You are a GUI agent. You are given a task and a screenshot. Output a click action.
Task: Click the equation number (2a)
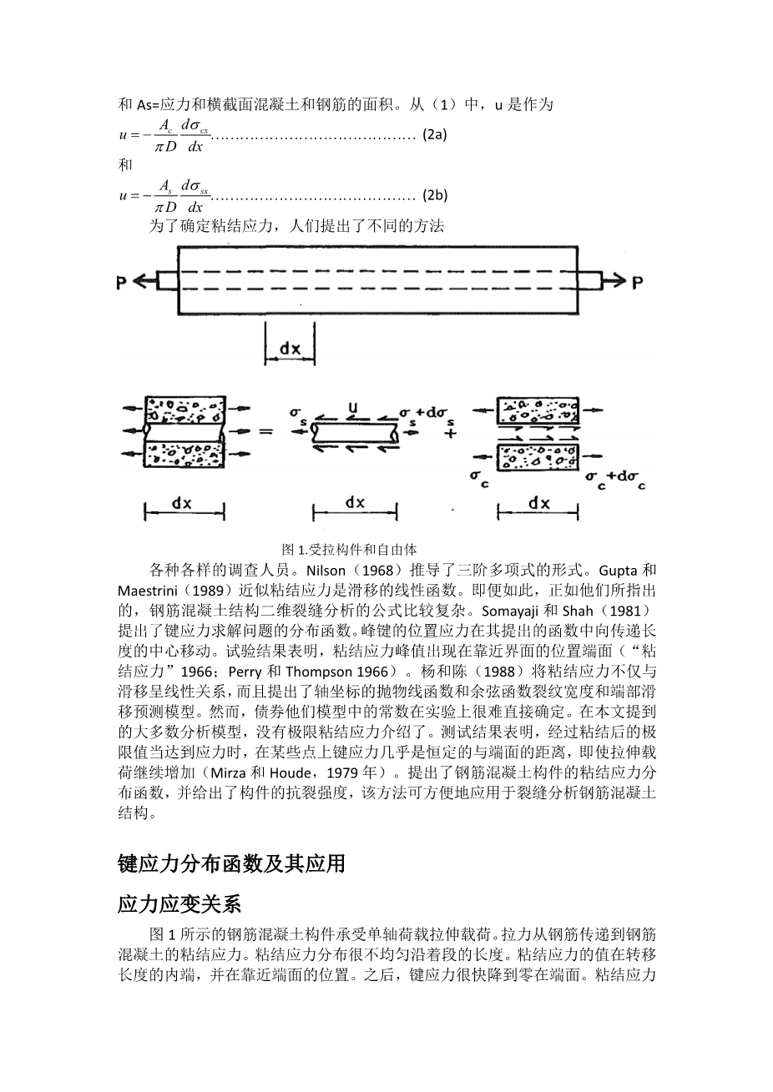coord(435,134)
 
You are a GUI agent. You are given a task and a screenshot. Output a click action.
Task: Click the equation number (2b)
coord(435,196)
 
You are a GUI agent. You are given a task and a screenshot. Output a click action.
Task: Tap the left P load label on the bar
coord(122,283)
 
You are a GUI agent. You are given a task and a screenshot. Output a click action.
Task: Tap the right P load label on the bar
coord(637,283)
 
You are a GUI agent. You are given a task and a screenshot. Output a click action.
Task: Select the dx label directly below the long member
coord(290,350)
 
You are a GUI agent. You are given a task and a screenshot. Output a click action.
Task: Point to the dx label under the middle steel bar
coord(355,502)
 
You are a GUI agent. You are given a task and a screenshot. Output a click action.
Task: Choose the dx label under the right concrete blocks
coord(538,503)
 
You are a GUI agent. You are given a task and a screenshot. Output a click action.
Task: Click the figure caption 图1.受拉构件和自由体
coord(349,550)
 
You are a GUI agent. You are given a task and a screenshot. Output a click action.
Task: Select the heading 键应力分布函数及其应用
coord(231,863)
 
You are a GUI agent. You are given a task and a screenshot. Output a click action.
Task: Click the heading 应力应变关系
coord(179,904)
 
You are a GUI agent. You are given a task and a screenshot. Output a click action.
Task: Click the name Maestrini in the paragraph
coord(147,590)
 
